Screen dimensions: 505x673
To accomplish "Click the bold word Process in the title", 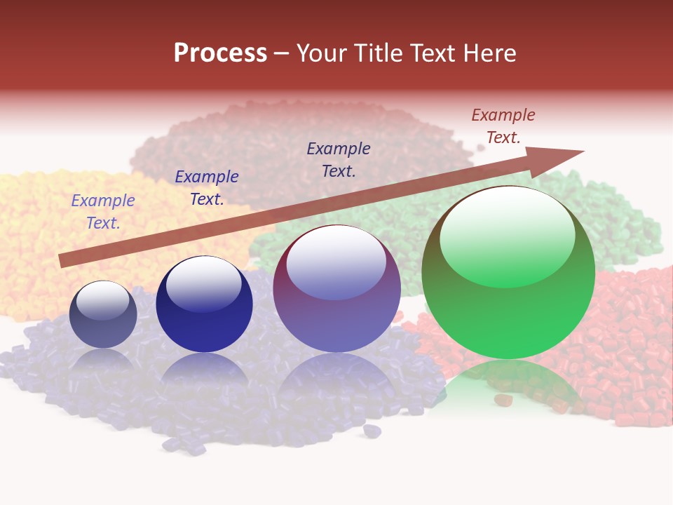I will pyautogui.click(x=220, y=53).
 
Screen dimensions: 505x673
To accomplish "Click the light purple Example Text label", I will pyautogui.click(x=103, y=212).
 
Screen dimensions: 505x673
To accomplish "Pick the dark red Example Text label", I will pyautogui.click(x=503, y=126).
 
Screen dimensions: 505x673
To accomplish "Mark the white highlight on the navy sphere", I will pyautogui.click(x=204, y=284).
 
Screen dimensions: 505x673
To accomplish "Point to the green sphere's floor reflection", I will pyautogui.click(x=508, y=389).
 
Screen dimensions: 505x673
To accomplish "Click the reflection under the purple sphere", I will pyautogui.click(x=336, y=379).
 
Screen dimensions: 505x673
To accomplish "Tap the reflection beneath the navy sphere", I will pyautogui.click(x=204, y=372).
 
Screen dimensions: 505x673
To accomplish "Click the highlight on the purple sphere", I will pyautogui.click(x=336, y=263).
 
